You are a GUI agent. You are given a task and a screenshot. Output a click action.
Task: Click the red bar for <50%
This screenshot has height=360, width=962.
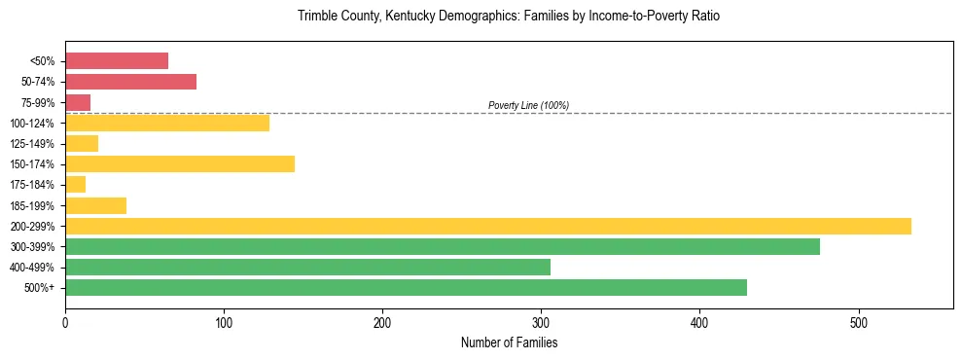(117, 61)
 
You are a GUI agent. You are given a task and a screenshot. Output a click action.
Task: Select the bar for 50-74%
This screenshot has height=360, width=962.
(130, 82)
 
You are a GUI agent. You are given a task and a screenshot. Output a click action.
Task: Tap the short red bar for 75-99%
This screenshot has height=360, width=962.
(78, 102)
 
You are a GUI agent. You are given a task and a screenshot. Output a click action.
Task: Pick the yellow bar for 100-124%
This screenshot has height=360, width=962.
(167, 123)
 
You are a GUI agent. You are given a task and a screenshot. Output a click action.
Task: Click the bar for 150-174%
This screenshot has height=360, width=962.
(180, 163)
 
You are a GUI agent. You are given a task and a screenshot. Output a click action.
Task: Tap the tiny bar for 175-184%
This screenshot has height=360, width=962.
(75, 184)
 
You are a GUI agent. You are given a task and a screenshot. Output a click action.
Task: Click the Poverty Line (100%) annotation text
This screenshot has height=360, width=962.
(528, 105)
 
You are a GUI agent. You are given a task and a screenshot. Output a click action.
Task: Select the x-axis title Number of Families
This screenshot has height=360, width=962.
(509, 343)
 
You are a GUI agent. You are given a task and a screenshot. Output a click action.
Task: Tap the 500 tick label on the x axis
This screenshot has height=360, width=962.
(858, 323)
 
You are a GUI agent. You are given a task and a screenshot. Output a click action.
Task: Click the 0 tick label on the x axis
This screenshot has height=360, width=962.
(65, 323)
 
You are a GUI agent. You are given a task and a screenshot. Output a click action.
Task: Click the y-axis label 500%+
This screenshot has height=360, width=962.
(39, 288)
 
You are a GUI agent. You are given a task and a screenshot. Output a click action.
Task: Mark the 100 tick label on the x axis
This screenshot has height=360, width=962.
(224, 323)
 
